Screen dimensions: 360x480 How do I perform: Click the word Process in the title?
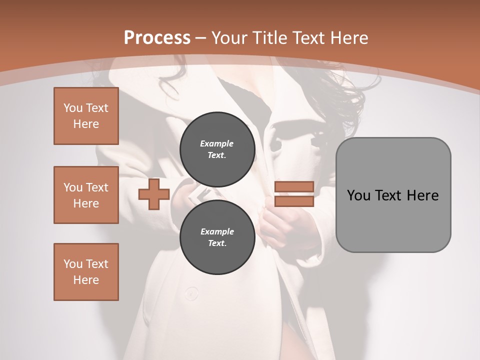point(157,38)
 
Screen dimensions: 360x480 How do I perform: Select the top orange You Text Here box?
point(86,116)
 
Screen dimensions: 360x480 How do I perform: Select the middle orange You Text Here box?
point(86,195)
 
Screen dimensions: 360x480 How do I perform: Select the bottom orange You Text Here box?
point(86,272)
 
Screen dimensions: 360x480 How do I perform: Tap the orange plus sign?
point(153,194)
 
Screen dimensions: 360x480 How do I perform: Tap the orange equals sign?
point(294,194)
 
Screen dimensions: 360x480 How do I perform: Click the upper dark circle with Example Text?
point(217,149)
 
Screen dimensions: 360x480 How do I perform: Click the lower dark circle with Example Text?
point(217,237)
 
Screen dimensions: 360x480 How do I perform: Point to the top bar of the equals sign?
point(294,187)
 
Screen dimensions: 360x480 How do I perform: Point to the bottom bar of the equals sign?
point(294,201)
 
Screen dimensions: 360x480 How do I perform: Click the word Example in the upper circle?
point(217,143)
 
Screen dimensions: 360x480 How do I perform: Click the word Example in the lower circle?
point(217,231)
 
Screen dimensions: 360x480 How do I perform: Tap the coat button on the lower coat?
point(190,293)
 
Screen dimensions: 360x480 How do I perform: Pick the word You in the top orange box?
point(72,108)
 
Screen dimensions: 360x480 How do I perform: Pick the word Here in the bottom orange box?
point(86,280)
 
